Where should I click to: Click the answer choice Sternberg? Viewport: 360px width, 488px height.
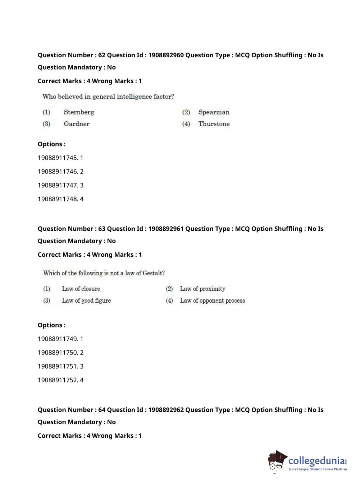click(x=79, y=112)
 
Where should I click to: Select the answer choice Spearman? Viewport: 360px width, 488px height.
click(x=214, y=112)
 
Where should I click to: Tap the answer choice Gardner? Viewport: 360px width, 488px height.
click(x=77, y=124)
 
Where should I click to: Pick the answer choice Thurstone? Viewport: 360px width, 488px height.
click(x=214, y=124)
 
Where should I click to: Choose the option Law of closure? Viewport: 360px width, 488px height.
click(x=81, y=289)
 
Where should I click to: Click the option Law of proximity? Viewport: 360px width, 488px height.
click(x=202, y=289)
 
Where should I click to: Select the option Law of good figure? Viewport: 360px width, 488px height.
click(x=86, y=301)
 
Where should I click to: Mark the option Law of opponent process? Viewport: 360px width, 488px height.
click(x=212, y=301)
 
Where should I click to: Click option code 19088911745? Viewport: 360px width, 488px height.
click(x=58, y=158)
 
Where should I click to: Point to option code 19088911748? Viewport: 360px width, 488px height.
click(x=58, y=199)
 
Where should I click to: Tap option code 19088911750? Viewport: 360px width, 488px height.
click(x=58, y=353)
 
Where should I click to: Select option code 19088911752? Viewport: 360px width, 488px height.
click(x=58, y=380)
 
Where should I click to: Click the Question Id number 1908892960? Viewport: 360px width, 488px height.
click(x=166, y=55)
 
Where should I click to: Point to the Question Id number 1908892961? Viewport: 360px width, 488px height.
click(x=166, y=229)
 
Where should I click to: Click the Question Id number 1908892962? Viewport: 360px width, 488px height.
click(x=166, y=410)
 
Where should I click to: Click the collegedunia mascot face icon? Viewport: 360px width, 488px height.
click(x=276, y=461)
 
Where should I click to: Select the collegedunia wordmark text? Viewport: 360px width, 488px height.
click(x=316, y=461)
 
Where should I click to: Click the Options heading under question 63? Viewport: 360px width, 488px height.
click(x=52, y=325)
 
